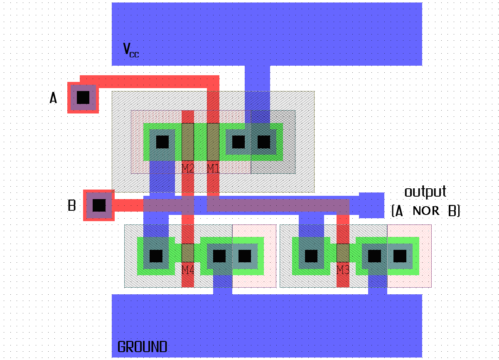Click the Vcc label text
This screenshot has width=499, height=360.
pyautogui.click(x=131, y=49)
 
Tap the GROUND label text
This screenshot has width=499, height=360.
pyautogui.click(x=142, y=347)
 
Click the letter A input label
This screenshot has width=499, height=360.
pyautogui.click(x=53, y=98)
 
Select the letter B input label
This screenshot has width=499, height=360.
pyautogui.click(x=72, y=205)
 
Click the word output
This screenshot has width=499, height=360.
pyautogui.click(x=425, y=192)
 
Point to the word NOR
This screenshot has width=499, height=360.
pyautogui.click(x=426, y=211)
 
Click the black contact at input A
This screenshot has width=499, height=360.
pyautogui.click(x=83, y=98)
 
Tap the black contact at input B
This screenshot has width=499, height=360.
pyautogui.click(x=99, y=205)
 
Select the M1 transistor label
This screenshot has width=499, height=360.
pyautogui.click(x=213, y=168)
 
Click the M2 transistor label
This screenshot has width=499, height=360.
pyautogui.click(x=188, y=168)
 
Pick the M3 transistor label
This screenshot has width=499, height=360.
pyautogui.click(x=343, y=270)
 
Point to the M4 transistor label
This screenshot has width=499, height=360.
pyautogui.click(x=188, y=270)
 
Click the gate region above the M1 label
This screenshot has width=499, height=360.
pyautogui.click(x=213, y=142)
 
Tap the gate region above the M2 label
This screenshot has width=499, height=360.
pyautogui.click(x=188, y=142)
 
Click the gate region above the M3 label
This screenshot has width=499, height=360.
pyautogui.click(x=343, y=253)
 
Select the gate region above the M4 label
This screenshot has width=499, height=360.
pyautogui.click(x=188, y=253)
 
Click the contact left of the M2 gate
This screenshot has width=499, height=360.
pyautogui.click(x=162, y=142)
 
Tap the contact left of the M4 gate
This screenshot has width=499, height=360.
pyautogui.click(x=156, y=256)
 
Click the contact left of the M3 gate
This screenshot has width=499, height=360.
pyautogui.click(x=311, y=256)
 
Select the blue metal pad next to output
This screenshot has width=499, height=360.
pyautogui.click(x=371, y=205)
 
